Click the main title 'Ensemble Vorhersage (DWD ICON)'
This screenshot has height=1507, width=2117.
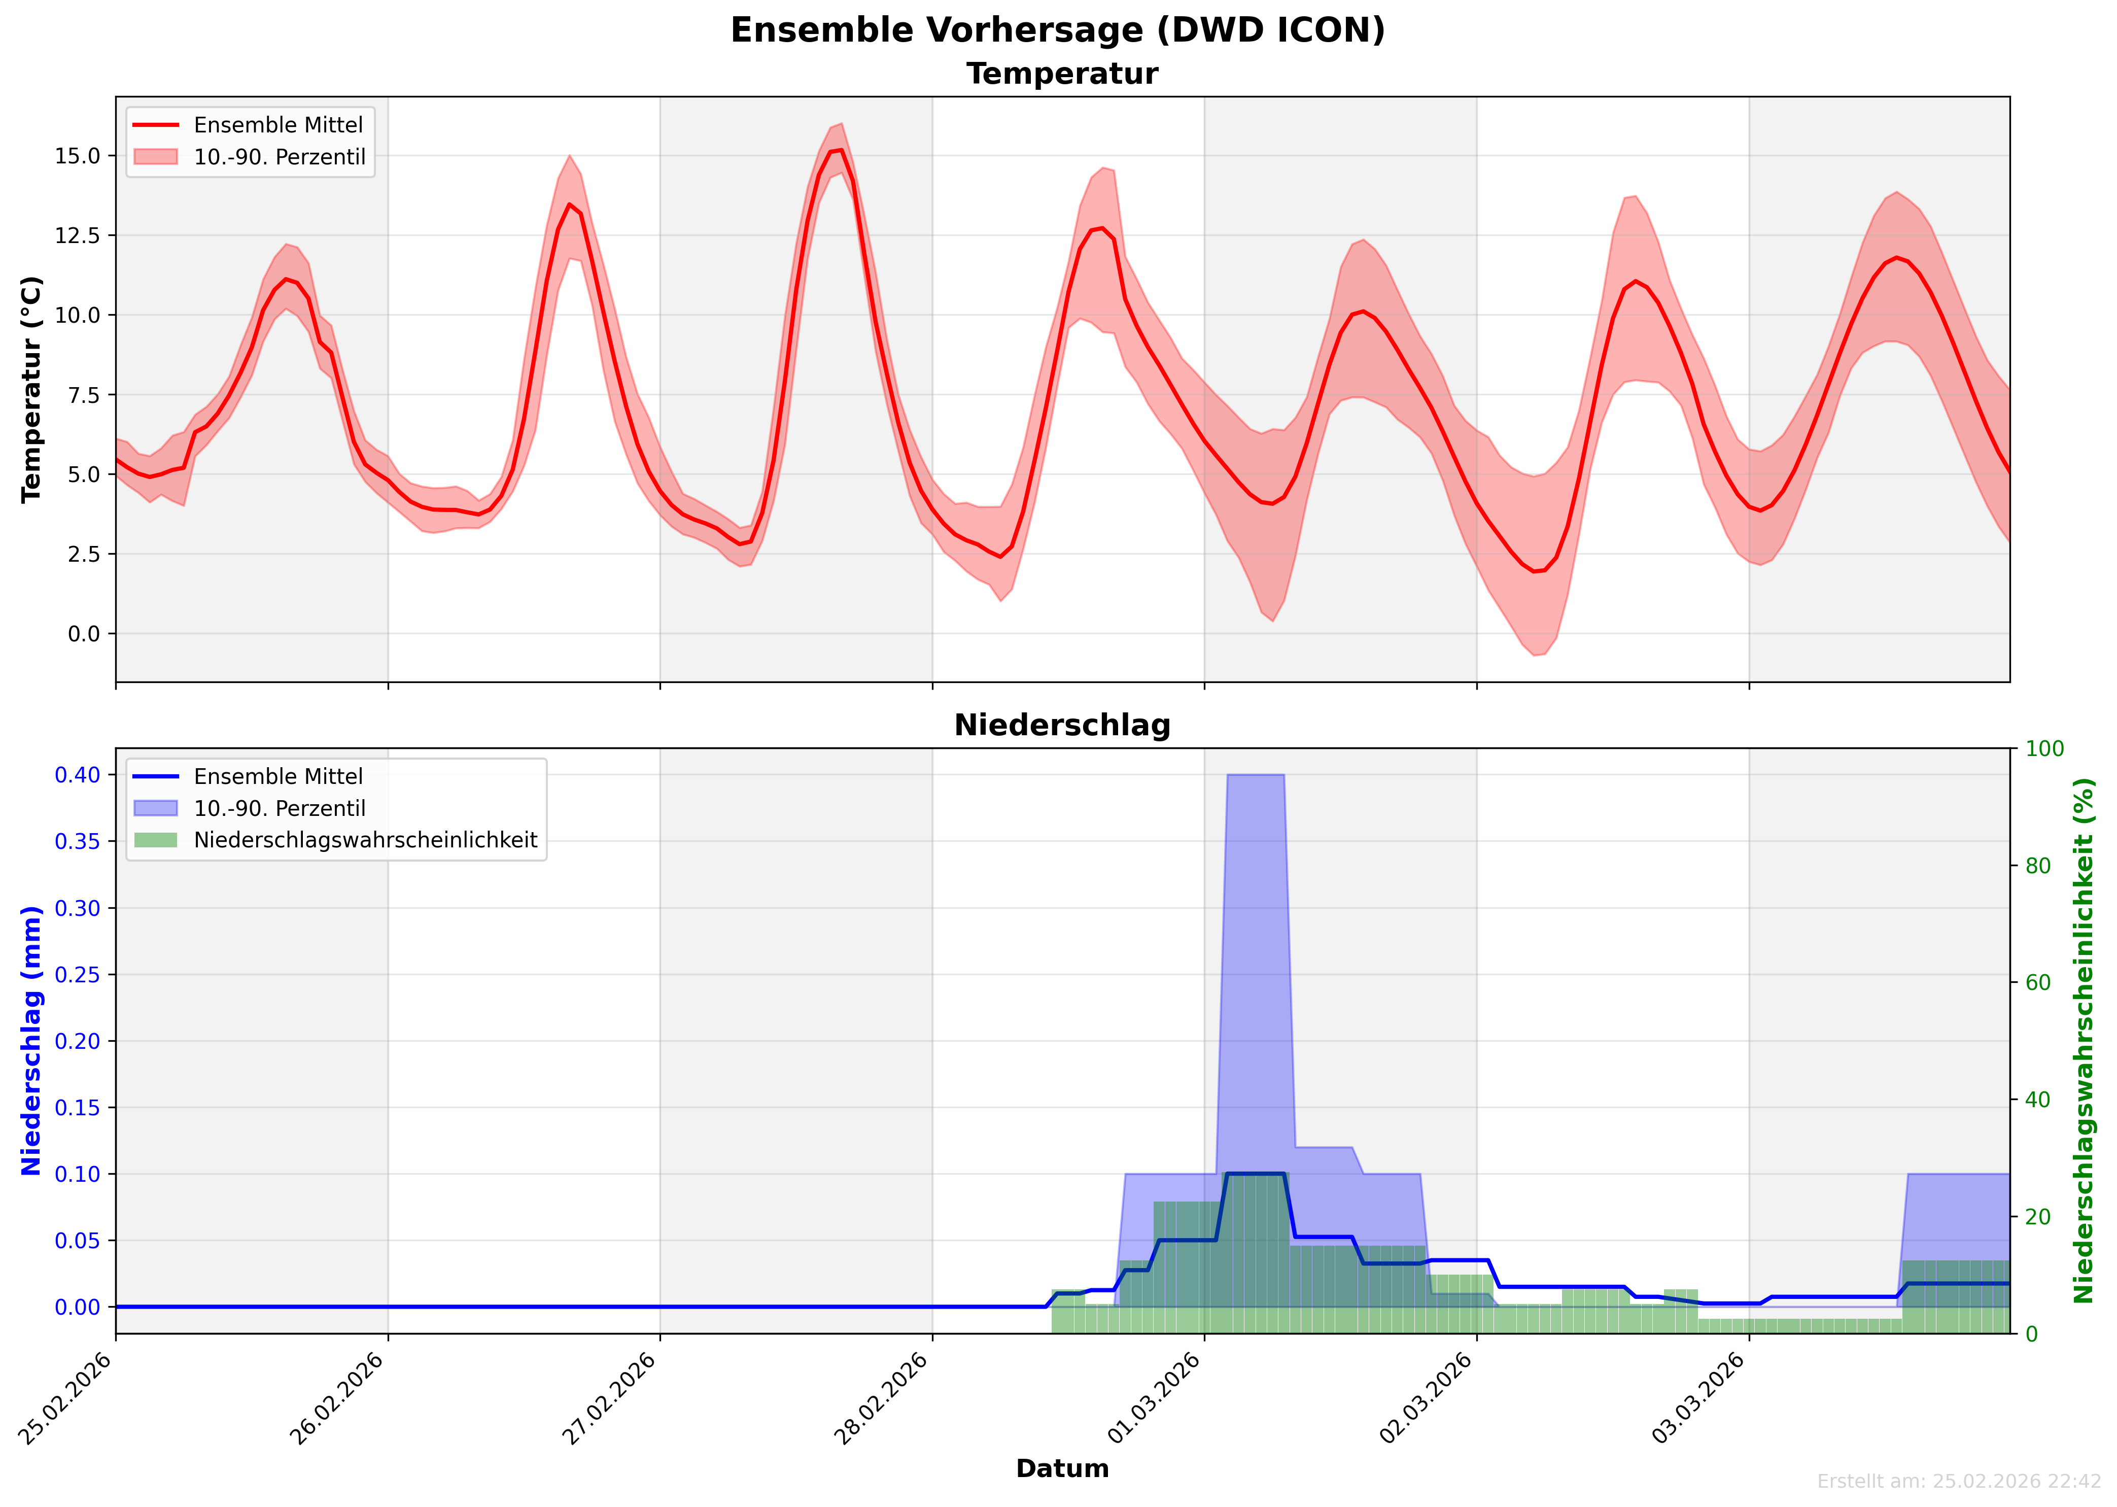coord(1058,30)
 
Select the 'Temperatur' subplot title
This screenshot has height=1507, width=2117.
coord(1062,74)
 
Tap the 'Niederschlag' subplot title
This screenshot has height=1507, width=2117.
coord(1062,726)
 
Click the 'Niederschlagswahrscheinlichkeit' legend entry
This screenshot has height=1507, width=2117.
coord(365,841)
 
